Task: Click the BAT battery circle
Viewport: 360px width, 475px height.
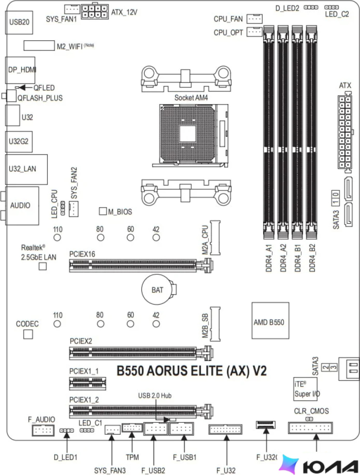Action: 157,289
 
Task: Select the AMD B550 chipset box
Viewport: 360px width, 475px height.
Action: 270,320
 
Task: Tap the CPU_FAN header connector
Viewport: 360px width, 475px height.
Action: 255,19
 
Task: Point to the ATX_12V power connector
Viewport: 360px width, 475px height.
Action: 95,12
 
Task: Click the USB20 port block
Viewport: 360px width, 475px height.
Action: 19,22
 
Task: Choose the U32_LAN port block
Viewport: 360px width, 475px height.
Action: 26,169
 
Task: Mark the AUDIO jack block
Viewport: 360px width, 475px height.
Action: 22,206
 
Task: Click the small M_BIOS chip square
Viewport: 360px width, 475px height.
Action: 103,211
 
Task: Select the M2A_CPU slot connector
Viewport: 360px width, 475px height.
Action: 215,237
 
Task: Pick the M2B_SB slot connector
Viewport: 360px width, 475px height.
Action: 215,324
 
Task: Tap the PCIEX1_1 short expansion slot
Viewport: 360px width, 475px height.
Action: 88,383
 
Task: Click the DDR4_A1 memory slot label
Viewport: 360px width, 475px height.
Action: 269,258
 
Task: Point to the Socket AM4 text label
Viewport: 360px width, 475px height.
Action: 191,98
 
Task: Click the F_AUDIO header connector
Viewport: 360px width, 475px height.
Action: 43,430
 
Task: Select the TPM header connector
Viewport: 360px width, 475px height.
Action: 132,428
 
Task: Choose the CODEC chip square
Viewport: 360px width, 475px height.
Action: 28,334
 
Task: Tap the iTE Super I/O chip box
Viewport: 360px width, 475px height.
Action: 305,389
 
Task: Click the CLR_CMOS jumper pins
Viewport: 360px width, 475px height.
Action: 309,419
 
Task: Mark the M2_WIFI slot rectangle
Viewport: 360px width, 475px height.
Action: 39,45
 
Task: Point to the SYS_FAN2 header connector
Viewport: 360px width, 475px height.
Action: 73,209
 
